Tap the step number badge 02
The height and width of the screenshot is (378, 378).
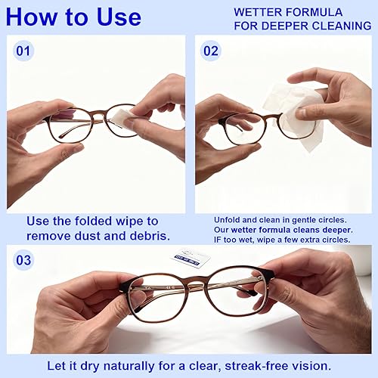(209, 51)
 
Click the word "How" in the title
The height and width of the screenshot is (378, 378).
(33, 16)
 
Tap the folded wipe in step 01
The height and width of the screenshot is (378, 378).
(119, 116)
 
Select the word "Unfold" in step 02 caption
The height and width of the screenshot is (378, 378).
(228, 220)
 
